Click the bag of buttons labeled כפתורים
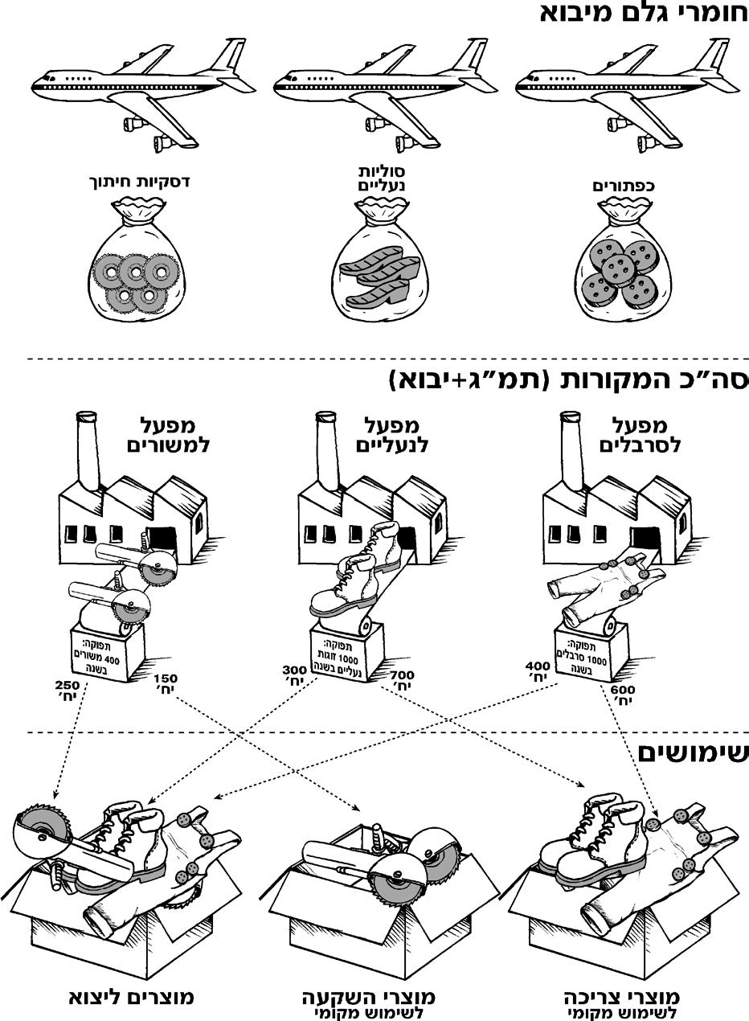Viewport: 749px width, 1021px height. pos(623,261)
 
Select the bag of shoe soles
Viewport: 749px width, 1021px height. pos(380,261)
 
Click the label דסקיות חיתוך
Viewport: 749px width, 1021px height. pos(138,182)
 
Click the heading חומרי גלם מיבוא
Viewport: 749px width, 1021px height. pos(644,14)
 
